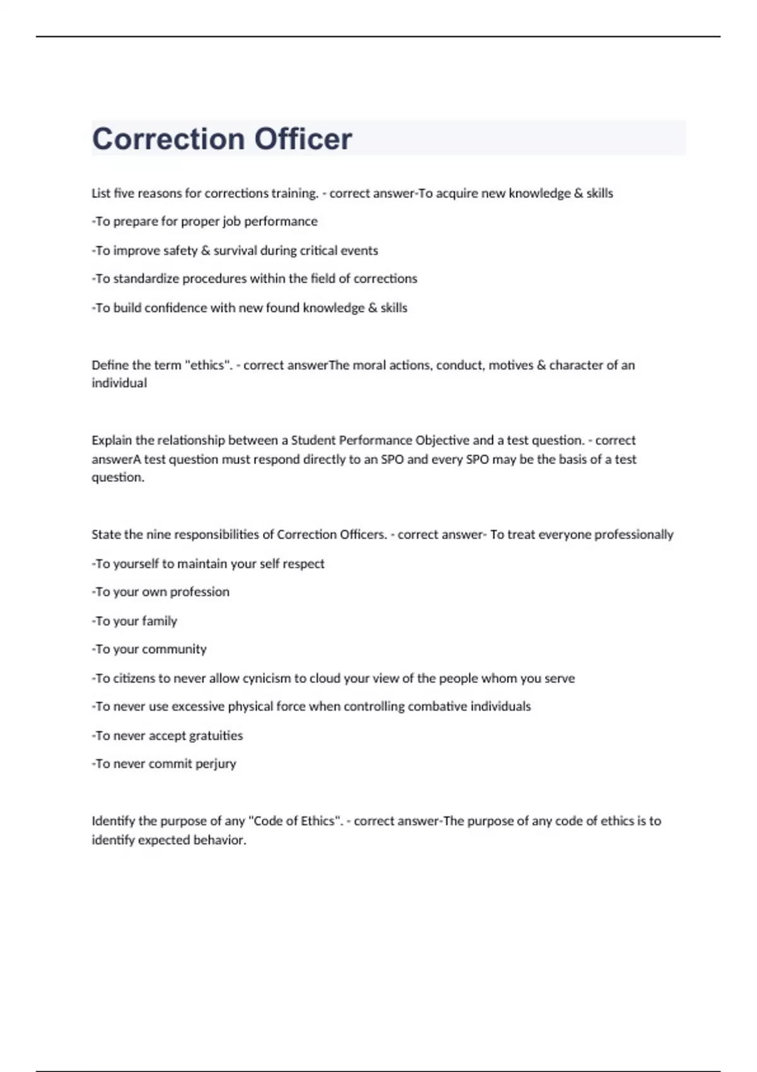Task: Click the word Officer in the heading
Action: pyautogui.click(x=303, y=139)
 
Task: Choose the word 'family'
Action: pyautogui.click(x=160, y=621)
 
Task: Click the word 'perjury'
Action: pyautogui.click(x=215, y=764)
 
